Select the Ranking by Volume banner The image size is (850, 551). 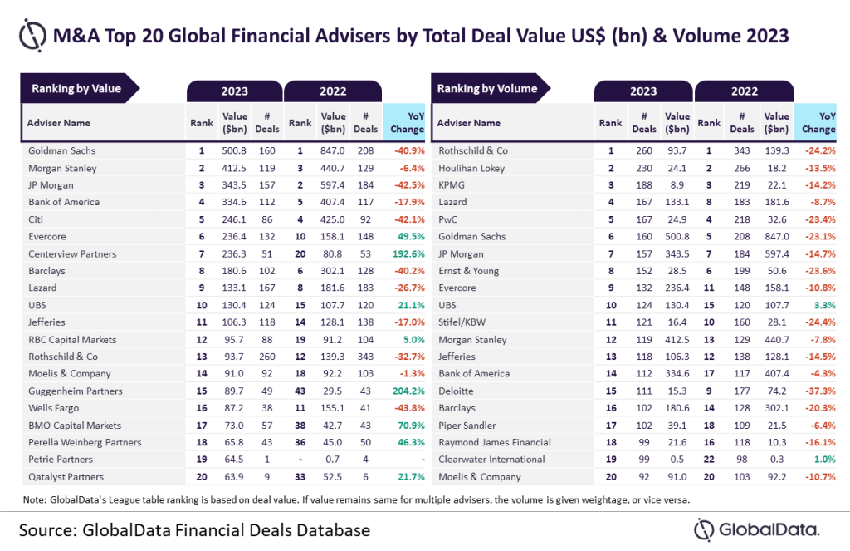(487, 89)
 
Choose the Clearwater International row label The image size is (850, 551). (491, 460)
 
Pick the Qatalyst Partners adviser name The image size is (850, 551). (67, 477)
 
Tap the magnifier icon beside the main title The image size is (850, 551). (31, 36)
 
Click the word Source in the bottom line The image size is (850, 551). (52, 529)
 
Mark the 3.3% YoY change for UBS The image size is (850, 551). (821, 305)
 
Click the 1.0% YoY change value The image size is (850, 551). (821, 460)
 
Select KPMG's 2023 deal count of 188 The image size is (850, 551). (643, 184)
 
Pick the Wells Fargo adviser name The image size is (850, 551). (53, 408)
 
